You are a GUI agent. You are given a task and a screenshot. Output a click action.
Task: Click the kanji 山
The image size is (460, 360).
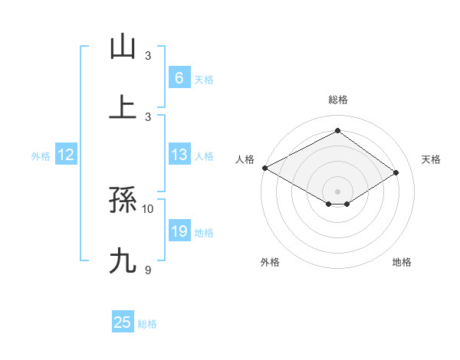[123, 47]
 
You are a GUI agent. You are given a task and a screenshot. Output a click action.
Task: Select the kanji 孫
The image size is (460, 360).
[123, 201]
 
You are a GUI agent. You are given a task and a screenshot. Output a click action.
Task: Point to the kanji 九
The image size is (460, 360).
[123, 261]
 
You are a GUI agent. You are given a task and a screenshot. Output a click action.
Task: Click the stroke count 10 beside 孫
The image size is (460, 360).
[148, 208]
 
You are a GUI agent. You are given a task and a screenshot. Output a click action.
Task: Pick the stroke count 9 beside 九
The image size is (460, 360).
[148, 269]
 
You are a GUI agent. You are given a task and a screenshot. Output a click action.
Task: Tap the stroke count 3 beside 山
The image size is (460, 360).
[148, 56]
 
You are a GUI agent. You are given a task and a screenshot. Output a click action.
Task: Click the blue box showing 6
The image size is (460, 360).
[179, 77]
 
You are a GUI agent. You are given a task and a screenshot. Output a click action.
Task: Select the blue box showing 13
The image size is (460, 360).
[179, 155]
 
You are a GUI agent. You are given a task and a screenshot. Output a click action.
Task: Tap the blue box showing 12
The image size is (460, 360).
[65, 155]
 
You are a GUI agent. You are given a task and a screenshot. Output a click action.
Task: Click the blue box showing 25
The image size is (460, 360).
[123, 322]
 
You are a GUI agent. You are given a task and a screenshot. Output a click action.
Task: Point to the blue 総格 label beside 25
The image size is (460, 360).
[147, 324]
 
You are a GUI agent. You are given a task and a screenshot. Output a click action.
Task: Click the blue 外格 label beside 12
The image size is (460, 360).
[41, 155]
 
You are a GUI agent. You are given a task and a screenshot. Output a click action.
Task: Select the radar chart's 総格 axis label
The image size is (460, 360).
[337, 100]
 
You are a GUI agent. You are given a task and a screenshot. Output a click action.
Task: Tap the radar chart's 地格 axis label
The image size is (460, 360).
[402, 262]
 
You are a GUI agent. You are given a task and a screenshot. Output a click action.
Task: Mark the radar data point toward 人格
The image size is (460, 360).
[264, 168]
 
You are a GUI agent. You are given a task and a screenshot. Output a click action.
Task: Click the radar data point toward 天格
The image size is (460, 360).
[396, 173]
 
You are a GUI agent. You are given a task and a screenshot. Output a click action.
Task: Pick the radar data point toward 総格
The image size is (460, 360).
[337, 131]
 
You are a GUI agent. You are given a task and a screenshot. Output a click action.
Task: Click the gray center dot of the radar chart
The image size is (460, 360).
[337, 191]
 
